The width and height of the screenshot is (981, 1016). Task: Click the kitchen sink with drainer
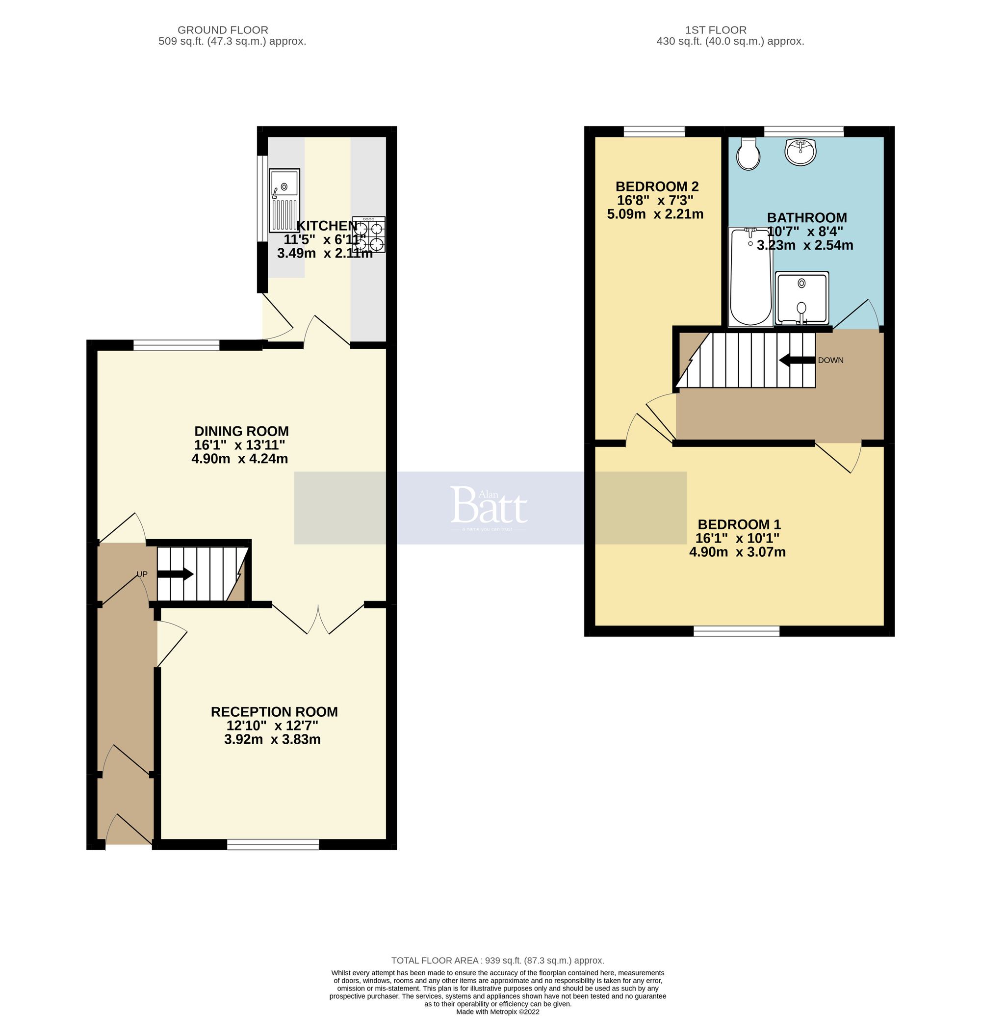(284, 200)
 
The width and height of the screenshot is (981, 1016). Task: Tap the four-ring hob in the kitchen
(369, 234)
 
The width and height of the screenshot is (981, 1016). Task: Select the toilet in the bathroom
(748, 154)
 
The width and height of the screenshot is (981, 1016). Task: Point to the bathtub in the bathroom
(750, 277)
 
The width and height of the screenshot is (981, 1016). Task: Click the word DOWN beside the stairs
(830, 360)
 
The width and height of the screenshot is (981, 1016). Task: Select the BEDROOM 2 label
(657, 186)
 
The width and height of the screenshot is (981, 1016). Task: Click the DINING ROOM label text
(241, 431)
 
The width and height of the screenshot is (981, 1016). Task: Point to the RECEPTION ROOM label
(274, 712)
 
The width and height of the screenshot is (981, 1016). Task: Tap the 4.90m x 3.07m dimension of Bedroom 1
(737, 552)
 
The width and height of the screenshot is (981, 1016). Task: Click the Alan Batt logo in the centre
(489, 507)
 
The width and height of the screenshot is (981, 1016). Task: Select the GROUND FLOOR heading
(223, 30)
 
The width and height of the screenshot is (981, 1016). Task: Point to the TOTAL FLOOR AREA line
(497, 961)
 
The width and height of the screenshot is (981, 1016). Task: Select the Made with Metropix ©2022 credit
(497, 1011)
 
